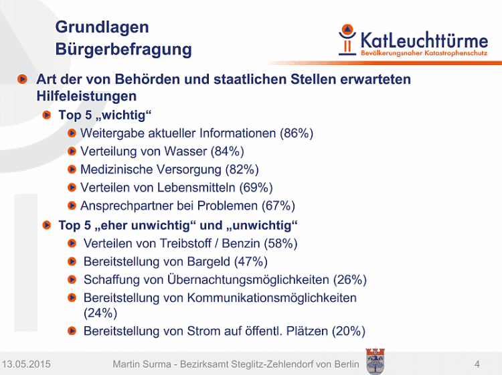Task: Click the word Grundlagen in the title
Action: pyautogui.click(x=102, y=27)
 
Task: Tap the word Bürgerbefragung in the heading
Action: pyautogui.click(x=124, y=50)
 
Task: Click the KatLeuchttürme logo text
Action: pyautogui.click(x=424, y=40)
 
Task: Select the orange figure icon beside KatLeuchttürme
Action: pyautogui.click(x=347, y=40)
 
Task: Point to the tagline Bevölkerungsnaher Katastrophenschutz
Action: pyautogui.click(x=424, y=53)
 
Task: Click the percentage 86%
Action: pyautogui.click(x=297, y=133)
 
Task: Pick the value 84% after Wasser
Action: pyautogui.click(x=228, y=151)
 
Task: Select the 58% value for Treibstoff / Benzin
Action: pyautogui.click(x=280, y=243)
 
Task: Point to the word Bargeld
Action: pyautogui.click(x=208, y=262)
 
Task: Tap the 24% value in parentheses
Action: pyautogui.click(x=100, y=313)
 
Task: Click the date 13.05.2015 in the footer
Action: pyautogui.click(x=26, y=364)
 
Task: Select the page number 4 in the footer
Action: pyautogui.click(x=477, y=364)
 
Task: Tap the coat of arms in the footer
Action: pyautogui.click(x=375, y=362)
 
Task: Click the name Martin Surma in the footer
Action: pyautogui.click(x=142, y=364)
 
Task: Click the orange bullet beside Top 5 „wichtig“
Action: pyautogui.click(x=47, y=115)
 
